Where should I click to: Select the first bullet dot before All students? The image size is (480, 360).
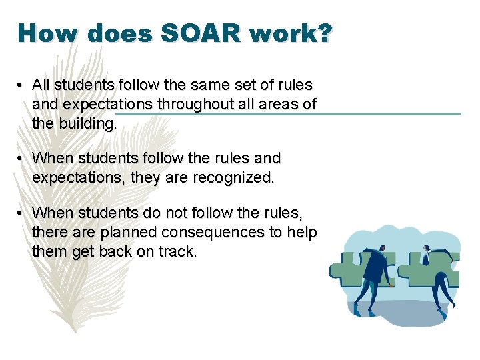click(22, 85)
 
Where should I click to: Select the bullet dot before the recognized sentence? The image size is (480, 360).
click(22, 159)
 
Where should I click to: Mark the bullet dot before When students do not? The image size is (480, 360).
click(22, 213)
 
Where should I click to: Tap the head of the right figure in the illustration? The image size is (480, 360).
click(426, 250)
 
